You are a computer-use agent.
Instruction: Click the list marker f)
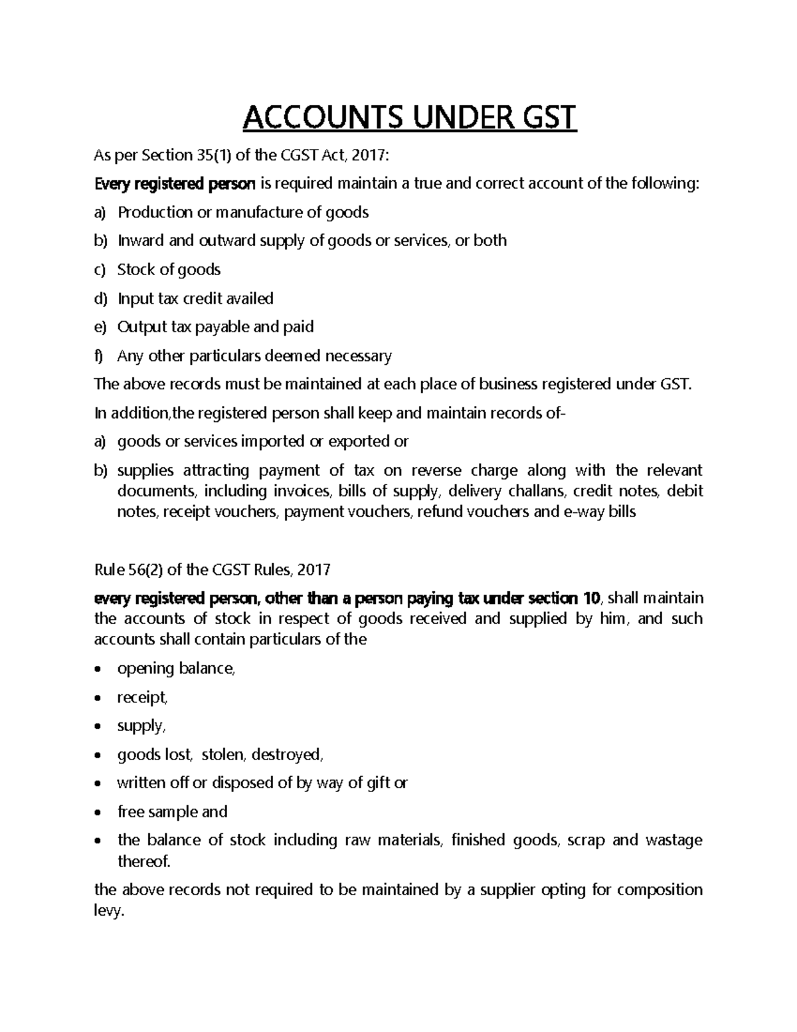(x=100, y=356)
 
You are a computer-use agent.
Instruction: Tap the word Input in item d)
(x=134, y=298)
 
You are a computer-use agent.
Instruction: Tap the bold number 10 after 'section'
(x=591, y=598)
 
